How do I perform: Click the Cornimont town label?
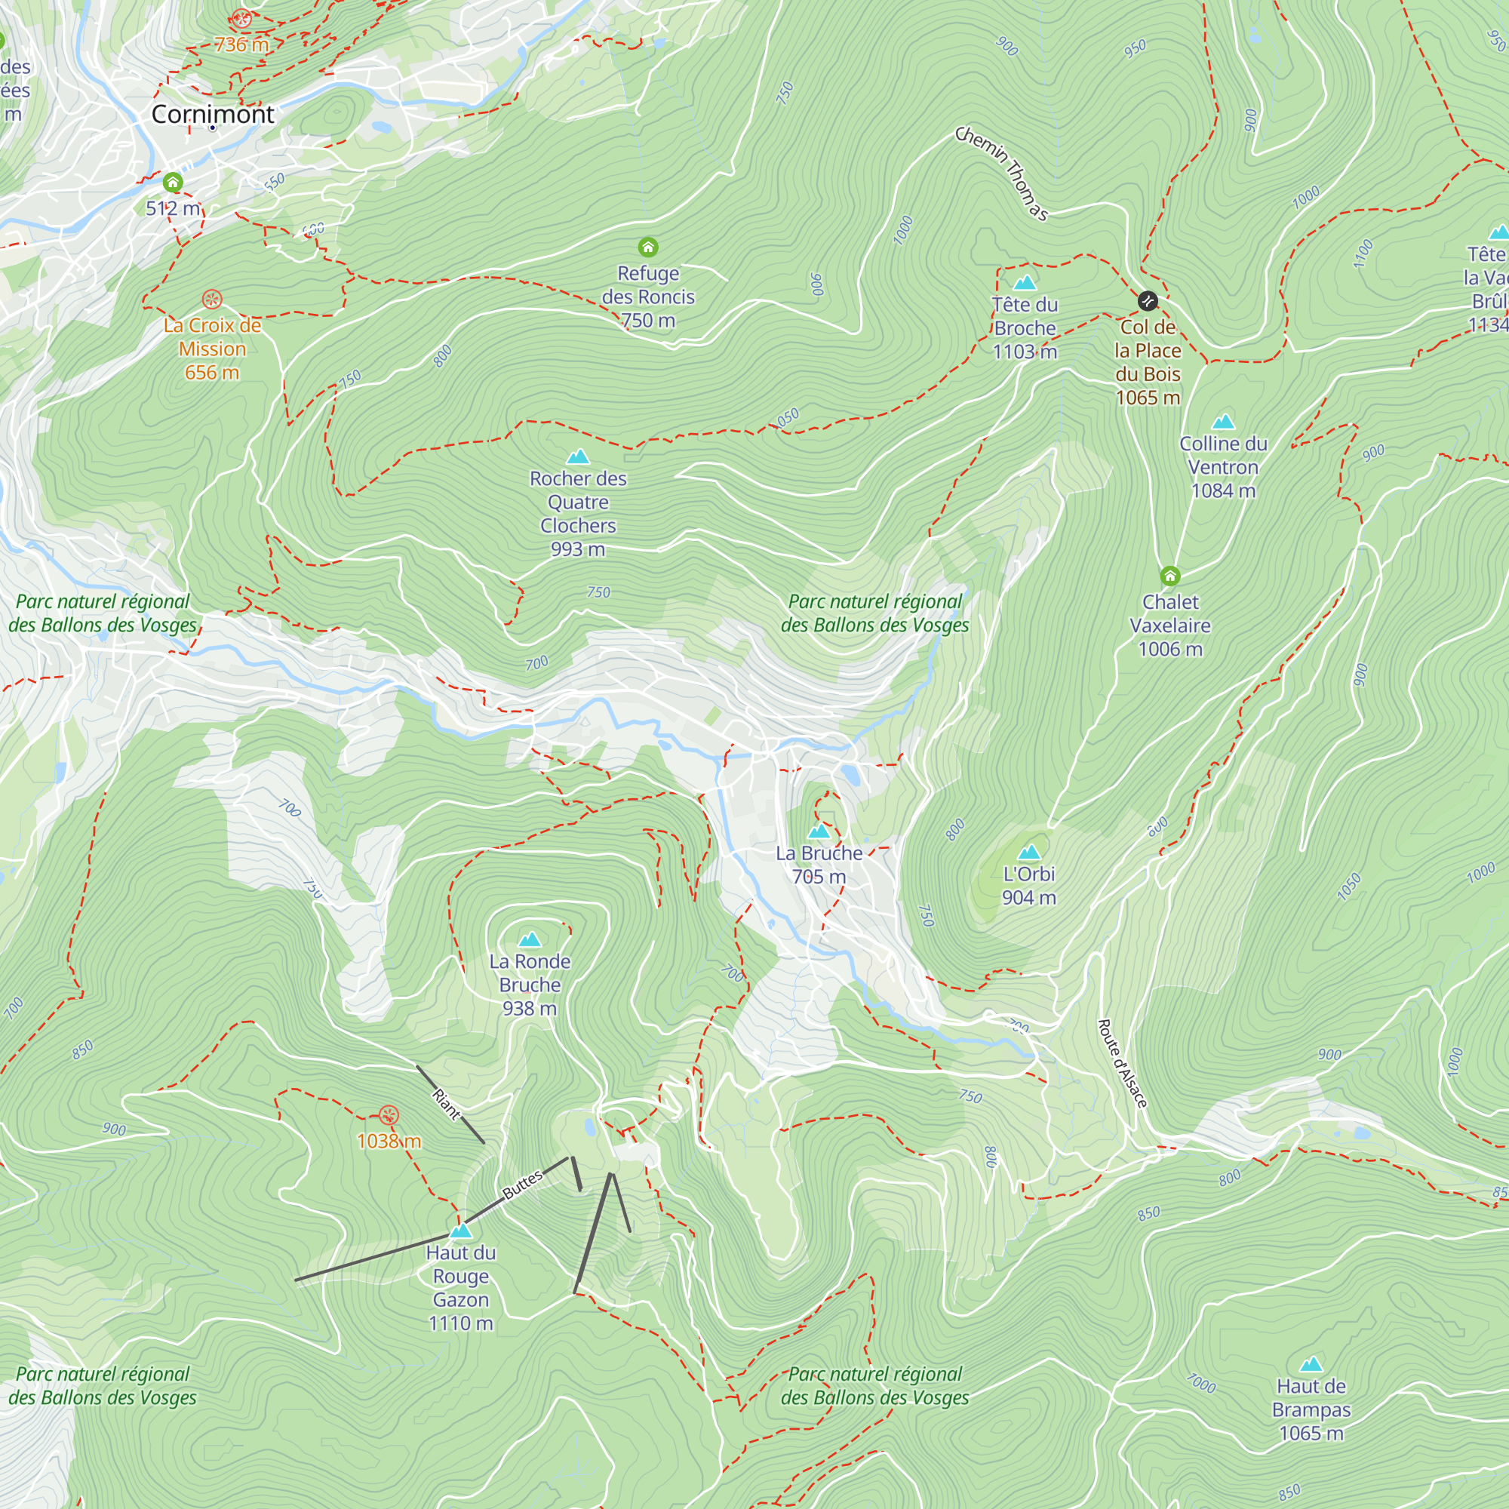[x=213, y=114]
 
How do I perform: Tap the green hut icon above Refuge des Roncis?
[x=647, y=247]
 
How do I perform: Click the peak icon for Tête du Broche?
[x=1025, y=282]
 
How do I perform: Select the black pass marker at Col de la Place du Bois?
[x=1148, y=301]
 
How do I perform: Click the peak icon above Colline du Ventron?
[x=1223, y=422]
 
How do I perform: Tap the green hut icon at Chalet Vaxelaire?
[x=1169, y=576]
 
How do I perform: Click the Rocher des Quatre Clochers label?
[x=578, y=513]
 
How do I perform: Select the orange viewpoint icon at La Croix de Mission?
[x=212, y=299]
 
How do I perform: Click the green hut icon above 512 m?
[x=173, y=183]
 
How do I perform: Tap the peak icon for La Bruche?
[x=819, y=831]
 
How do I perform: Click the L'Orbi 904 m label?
[x=1028, y=886]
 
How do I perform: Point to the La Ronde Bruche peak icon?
[x=530, y=939]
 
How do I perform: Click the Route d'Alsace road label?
[x=1123, y=1063]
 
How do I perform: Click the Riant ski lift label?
[x=447, y=1105]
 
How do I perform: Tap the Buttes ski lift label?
[x=523, y=1185]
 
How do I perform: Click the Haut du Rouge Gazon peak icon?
[x=461, y=1231]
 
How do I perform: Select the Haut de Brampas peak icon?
[x=1311, y=1364]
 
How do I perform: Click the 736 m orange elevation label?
[x=241, y=45]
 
